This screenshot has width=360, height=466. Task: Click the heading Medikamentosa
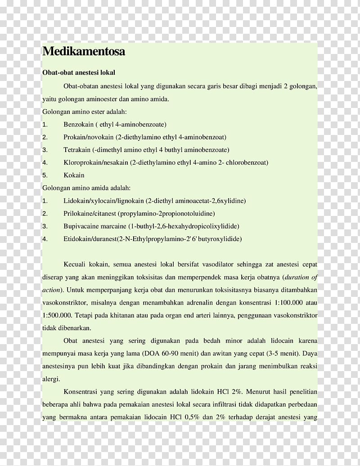(83, 52)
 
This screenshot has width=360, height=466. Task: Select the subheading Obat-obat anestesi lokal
(79, 72)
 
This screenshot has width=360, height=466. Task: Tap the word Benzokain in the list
(78, 124)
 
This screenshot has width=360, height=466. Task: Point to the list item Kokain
(74, 175)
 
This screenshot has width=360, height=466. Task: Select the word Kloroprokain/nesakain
(96, 162)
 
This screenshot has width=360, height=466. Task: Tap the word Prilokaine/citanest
(90, 213)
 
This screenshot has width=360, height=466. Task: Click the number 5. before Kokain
(45, 175)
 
